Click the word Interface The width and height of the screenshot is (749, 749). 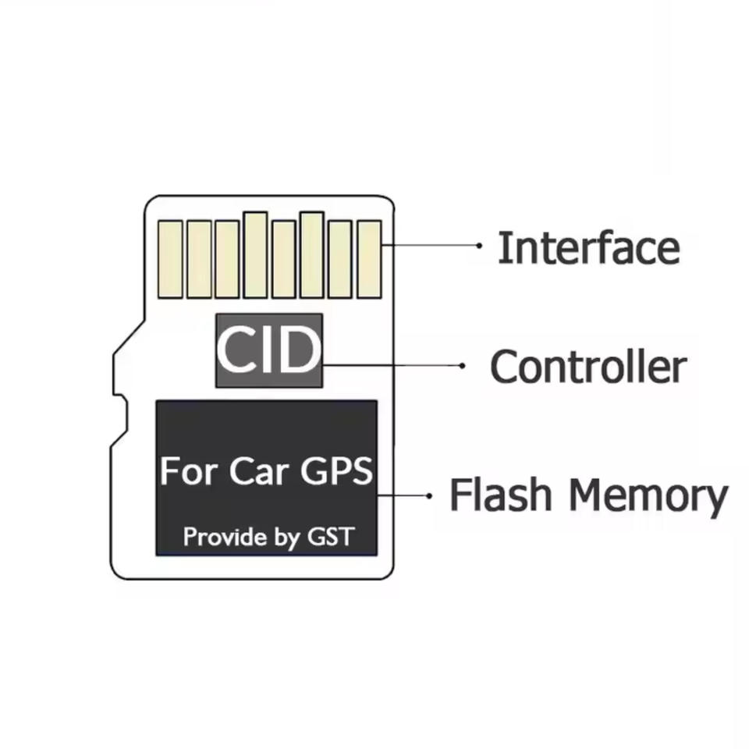click(588, 248)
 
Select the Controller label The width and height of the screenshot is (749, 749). click(588, 367)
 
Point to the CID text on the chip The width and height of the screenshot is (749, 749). click(268, 351)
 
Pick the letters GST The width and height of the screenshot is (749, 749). click(331, 537)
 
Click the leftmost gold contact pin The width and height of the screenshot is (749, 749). click(170, 258)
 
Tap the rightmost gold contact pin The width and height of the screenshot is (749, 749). click(369, 258)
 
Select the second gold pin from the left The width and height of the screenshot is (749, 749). click(199, 258)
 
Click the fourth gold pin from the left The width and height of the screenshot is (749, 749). click(255, 254)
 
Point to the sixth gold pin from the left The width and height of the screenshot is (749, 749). click(312, 254)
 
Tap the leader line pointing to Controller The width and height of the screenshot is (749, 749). click(390, 364)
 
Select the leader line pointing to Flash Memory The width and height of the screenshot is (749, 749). click(402, 495)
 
